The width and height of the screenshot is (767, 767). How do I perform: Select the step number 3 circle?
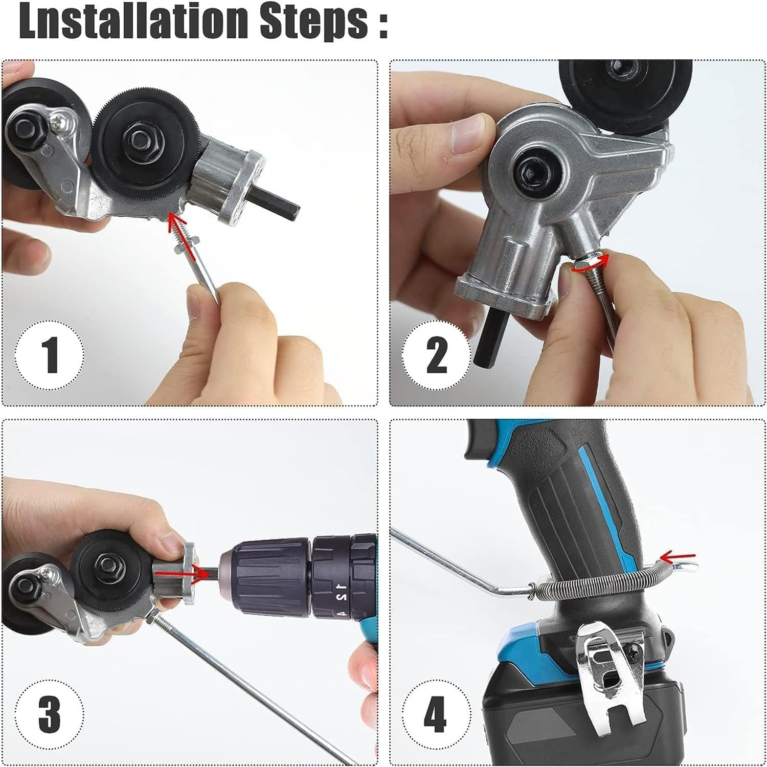[x=50, y=712]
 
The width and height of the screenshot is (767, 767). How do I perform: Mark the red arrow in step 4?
[x=678, y=556]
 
